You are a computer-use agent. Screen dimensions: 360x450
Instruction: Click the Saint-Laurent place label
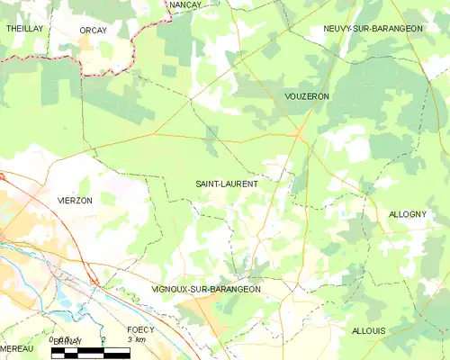coord(227,184)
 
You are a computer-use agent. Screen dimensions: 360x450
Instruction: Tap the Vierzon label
coord(75,201)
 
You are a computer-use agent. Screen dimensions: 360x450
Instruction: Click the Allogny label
coord(408,214)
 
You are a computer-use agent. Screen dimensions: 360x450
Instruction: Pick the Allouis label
coord(369,331)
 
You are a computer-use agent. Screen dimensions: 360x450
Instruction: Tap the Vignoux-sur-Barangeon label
coord(206,290)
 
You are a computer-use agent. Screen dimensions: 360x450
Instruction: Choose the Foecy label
coord(140,329)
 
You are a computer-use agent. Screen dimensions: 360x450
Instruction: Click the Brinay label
coord(67,343)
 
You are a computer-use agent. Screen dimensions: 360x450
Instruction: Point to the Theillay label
coord(24,29)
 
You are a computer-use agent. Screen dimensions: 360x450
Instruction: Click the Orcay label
coord(94,30)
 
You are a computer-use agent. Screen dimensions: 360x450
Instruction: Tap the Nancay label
coord(185,5)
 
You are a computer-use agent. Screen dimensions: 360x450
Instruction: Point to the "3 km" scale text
coord(136,340)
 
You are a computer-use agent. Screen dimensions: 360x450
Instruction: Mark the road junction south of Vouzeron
coord(299,134)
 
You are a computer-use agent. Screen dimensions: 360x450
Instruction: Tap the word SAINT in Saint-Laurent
coord(209,184)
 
